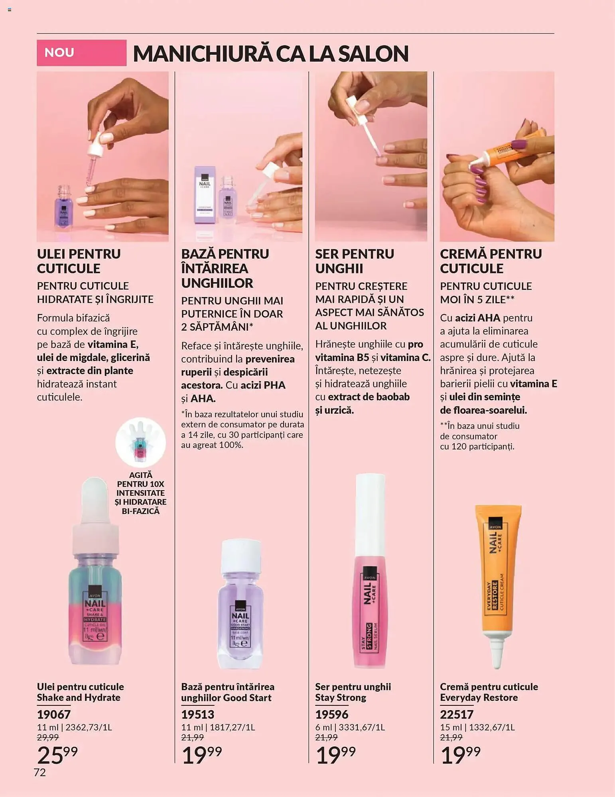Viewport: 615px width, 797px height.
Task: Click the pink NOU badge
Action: pos(81,53)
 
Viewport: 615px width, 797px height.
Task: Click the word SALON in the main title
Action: pos(373,54)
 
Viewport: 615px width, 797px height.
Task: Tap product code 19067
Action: pos(54,715)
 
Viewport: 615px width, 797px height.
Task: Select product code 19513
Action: pos(198,715)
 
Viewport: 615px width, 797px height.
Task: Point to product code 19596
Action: pos(332,715)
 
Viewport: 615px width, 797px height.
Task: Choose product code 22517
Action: pos(457,715)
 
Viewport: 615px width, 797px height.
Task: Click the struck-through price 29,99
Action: pos(48,738)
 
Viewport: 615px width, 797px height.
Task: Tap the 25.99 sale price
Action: pos(57,754)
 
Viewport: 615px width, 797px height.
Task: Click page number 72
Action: pos(40,773)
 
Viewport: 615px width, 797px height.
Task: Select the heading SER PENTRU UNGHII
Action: pos(355,261)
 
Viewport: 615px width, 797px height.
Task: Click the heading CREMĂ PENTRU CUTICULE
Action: pos(491,261)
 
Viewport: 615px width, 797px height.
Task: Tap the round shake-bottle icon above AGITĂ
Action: pos(140,442)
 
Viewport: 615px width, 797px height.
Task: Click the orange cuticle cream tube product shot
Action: pos(497,582)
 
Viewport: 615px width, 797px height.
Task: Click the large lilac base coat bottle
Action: pos(240,606)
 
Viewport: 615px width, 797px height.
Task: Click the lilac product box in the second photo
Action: pos(205,195)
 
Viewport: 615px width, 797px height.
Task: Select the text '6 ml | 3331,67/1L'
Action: pos(350,727)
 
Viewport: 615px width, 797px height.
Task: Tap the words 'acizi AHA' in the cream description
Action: pos(477,318)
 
